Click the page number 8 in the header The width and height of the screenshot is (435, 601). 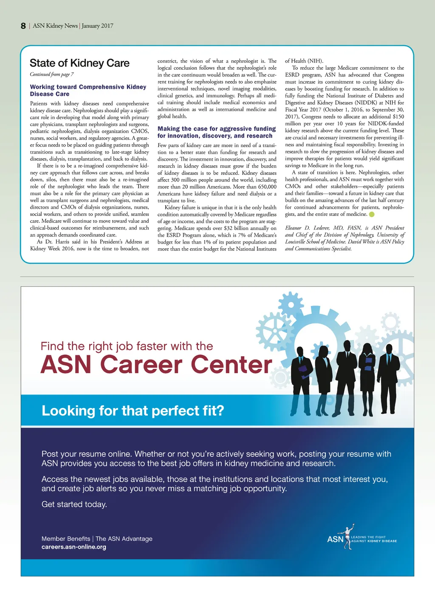(23, 26)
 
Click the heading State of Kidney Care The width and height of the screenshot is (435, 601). (79, 63)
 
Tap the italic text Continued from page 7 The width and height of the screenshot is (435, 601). (51, 74)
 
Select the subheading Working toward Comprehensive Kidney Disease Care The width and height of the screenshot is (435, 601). (88, 90)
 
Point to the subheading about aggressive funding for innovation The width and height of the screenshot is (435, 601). (217, 132)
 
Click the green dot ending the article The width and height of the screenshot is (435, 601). (372, 215)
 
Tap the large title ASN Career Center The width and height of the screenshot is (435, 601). (156, 365)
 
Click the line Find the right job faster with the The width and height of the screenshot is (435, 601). (127, 346)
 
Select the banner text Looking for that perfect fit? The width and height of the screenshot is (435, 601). (133, 411)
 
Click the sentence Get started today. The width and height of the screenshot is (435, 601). (74, 504)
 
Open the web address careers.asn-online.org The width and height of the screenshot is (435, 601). (74, 547)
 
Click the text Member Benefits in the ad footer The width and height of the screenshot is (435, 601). (66, 539)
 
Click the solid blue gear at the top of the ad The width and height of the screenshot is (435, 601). (291, 304)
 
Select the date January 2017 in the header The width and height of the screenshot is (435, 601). (97, 26)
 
